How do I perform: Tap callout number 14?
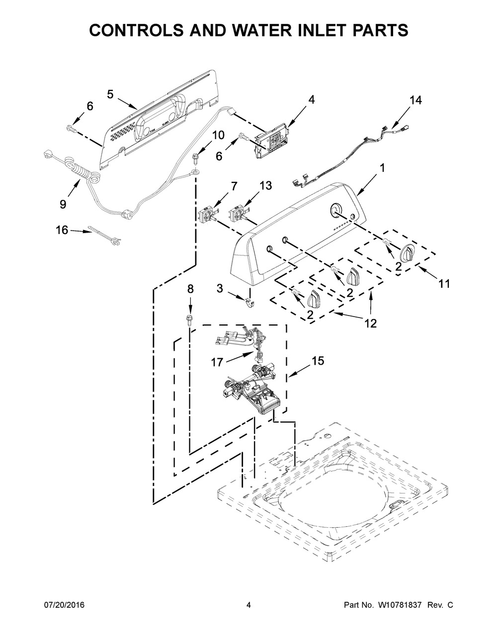[x=415, y=100]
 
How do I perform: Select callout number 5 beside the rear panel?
[x=110, y=95]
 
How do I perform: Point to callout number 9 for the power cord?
[x=63, y=204]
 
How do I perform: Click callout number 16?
[x=62, y=230]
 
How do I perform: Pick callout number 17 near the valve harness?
[x=217, y=362]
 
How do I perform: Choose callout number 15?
[x=318, y=361]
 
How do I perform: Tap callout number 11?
[x=444, y=284]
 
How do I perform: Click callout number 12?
[x=371, y=323]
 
